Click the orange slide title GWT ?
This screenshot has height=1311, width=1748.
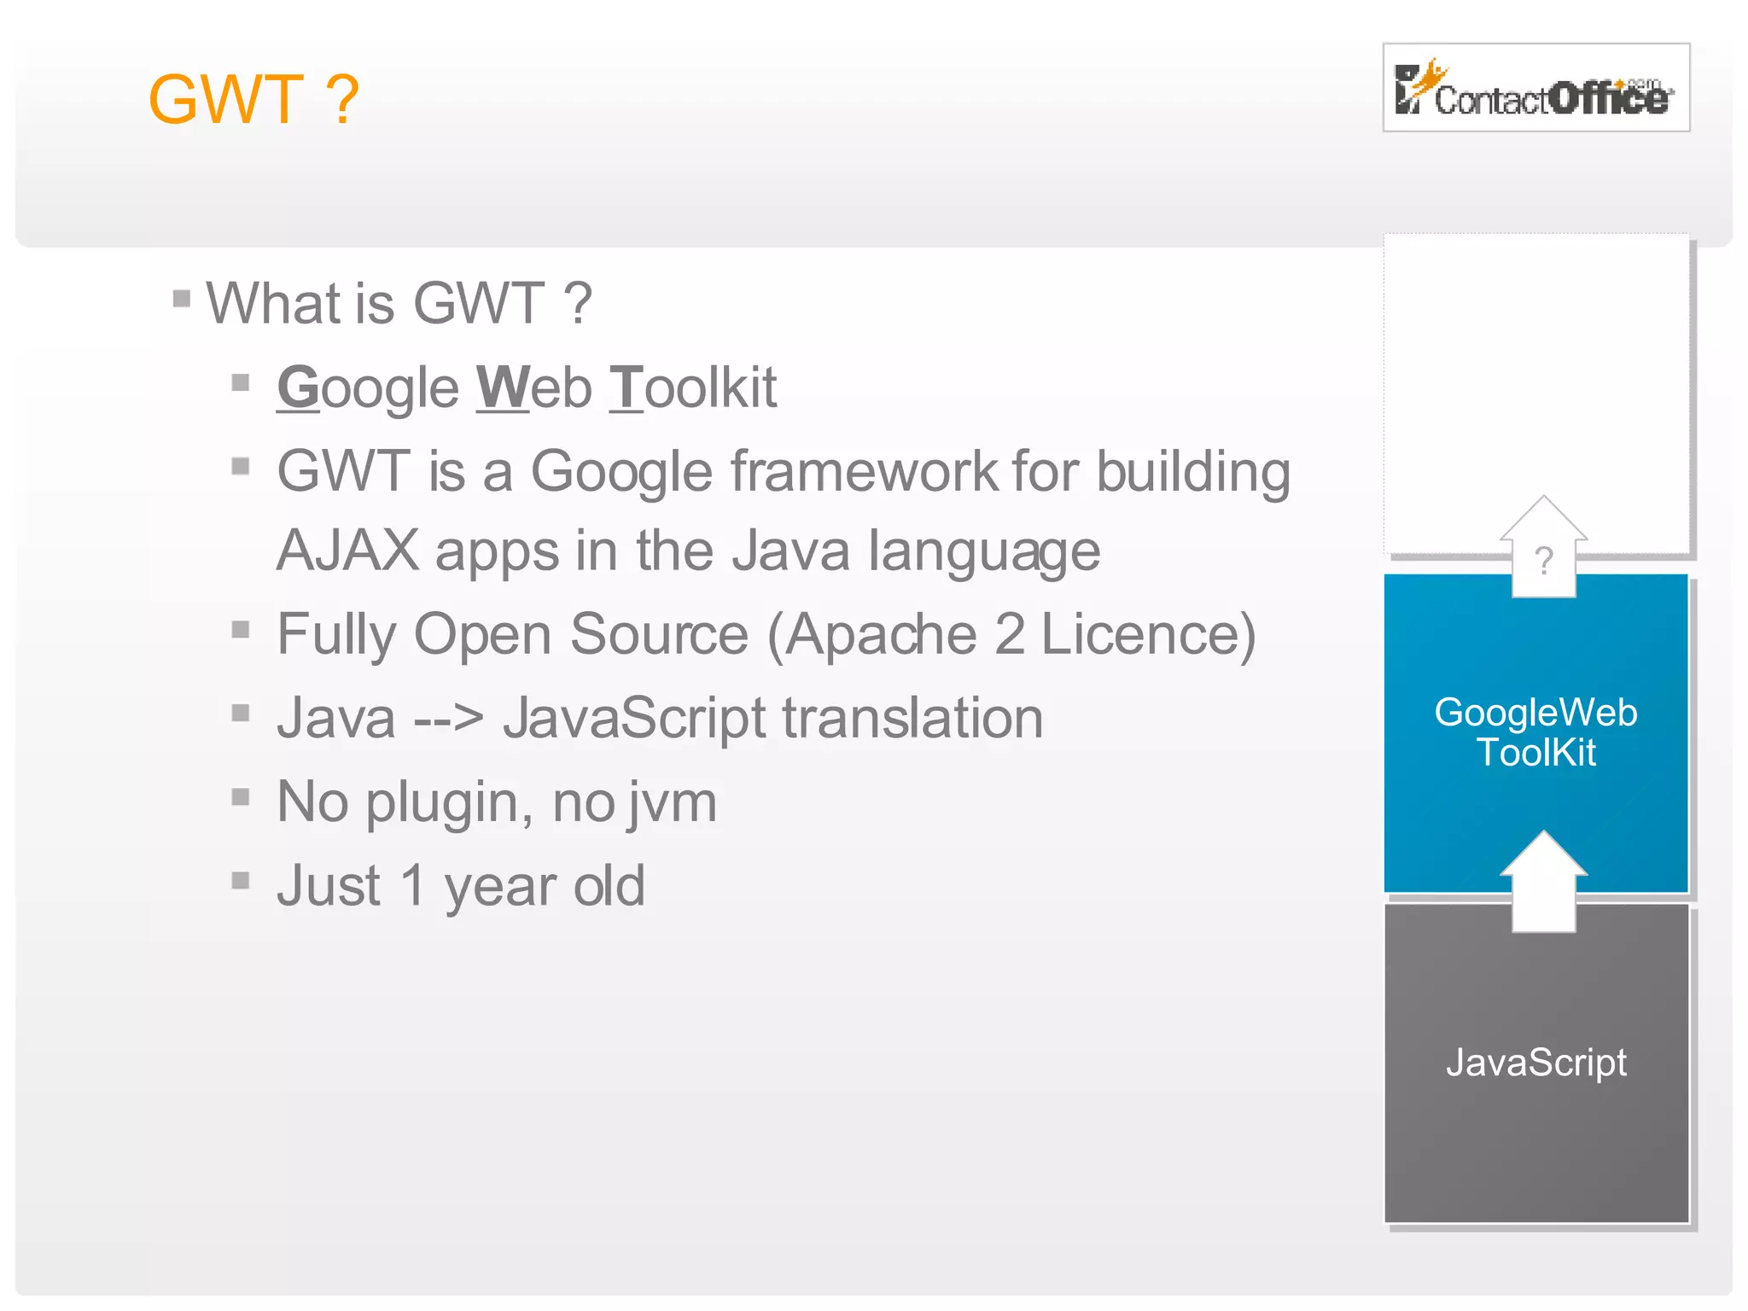253,100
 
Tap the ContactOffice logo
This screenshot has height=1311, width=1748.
1535,88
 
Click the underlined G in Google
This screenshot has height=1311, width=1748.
298,387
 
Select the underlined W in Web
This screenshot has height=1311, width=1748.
502,387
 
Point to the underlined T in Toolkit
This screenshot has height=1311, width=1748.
626,387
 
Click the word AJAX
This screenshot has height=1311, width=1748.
347,551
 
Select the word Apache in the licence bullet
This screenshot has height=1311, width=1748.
880,634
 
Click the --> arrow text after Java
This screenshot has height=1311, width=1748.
449,718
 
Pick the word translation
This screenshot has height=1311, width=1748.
912,718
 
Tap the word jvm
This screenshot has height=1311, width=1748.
672,802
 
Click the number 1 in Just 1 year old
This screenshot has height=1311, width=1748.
412,885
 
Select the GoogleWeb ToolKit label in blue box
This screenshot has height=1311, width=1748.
1535,732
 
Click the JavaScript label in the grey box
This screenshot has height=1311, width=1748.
1535,1063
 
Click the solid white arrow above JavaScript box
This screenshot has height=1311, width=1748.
1543,883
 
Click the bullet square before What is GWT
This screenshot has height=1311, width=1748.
181,299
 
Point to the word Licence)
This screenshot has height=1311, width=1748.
1148,634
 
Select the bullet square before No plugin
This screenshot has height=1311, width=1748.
241,796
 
